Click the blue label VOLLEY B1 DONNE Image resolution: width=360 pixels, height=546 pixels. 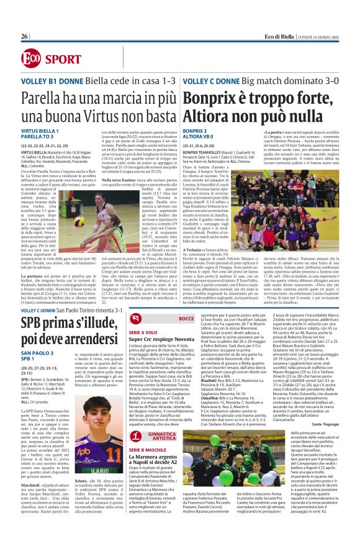[47, 82]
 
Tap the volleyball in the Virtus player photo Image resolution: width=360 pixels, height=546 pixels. [97, 221]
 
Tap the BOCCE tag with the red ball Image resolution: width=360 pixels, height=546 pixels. [184, 318]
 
